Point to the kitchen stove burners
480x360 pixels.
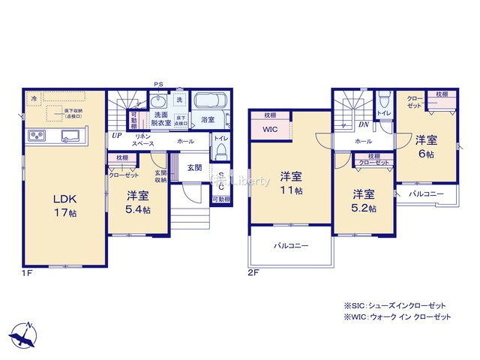coord(37,136)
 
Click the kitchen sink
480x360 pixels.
coord(70,136)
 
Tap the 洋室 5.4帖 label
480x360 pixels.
coord(137,202)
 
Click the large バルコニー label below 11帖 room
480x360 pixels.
coord(291,245)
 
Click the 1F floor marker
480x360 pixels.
coord(26,274)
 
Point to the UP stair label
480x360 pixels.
coord(117,136)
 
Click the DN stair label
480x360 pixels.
coord(363,124)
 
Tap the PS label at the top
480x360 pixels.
coord(158,84)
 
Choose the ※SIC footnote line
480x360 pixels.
coord(395,305)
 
